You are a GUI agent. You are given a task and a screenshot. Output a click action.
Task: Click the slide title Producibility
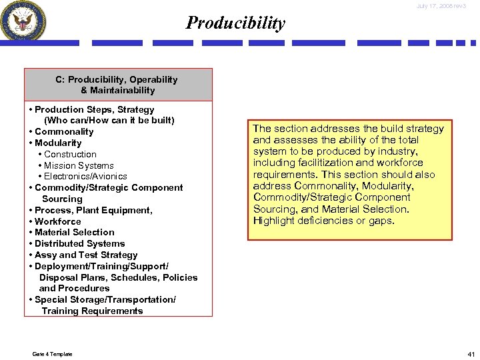coord(235,23)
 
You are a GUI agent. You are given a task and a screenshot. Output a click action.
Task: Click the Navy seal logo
coord(24,21)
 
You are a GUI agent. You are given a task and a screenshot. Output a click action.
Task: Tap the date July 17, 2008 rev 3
coord(442,6)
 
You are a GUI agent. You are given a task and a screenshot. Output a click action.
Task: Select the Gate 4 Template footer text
coord(52,354)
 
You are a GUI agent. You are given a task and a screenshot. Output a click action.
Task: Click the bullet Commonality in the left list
coord(64,132)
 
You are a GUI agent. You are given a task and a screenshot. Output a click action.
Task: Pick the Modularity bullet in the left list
coord(58,143)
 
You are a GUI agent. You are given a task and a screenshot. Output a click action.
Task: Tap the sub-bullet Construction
coord(70,155)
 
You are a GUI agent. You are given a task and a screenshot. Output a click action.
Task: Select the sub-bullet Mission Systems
coord(79,166)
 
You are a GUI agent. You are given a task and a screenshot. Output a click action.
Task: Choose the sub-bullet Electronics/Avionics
coord(85,177)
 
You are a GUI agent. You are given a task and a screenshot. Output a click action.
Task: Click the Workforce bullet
coord(57,221)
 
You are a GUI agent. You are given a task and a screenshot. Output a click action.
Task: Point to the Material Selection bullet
coord(74,233)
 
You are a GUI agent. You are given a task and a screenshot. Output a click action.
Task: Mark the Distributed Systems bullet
coord(79,244)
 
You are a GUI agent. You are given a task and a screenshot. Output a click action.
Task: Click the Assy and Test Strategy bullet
coord(86,255)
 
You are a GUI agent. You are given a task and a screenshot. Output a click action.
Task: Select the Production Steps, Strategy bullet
coord(94,109)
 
